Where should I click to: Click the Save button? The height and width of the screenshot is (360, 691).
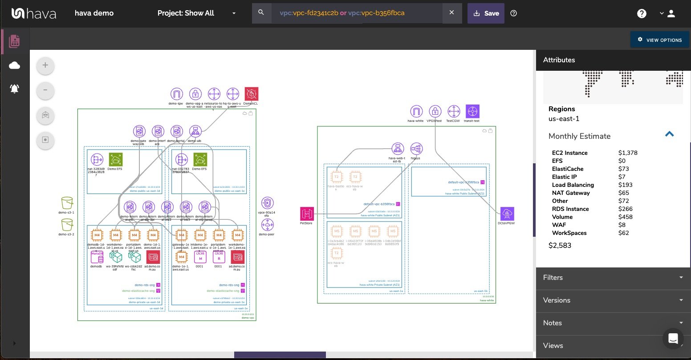485,13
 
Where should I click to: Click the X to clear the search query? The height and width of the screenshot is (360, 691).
451,12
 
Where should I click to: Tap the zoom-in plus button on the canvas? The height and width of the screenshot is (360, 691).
45,65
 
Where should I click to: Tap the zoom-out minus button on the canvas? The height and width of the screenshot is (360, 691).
45,90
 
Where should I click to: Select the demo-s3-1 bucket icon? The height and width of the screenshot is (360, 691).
67,203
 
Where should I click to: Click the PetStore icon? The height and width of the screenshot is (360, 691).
306,214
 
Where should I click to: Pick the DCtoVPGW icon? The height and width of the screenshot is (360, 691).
507,214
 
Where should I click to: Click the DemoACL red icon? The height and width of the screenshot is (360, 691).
251,94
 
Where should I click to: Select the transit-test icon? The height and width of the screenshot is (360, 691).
472,111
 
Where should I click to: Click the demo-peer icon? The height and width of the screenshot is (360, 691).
267,225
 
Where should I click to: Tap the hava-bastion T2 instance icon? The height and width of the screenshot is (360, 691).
337,177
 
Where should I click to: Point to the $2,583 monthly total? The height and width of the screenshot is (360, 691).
560,245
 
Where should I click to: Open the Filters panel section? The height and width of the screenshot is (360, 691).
613,277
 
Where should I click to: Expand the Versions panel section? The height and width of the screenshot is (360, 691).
613,300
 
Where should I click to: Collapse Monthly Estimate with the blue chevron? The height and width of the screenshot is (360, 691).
669,134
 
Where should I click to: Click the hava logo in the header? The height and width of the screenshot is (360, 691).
34,13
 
